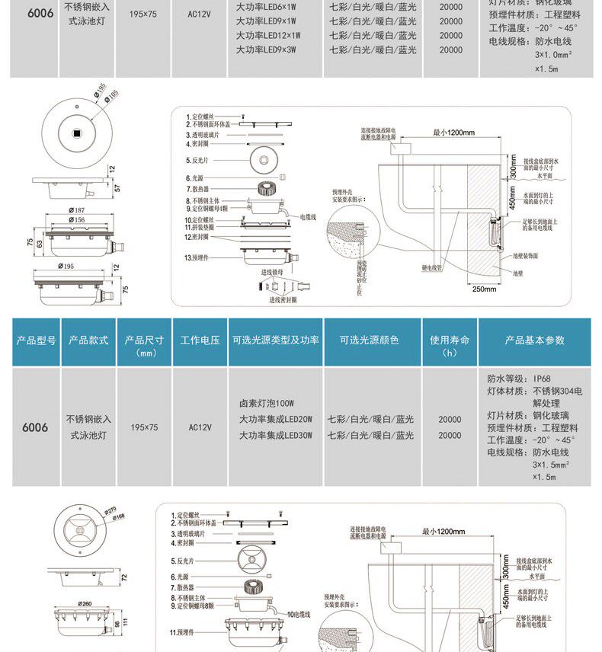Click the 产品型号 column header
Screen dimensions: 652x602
pos(36,340)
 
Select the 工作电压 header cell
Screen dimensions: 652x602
pos(200,340)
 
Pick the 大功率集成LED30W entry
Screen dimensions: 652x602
pos(275,436)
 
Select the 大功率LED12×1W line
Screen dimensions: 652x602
pos(268,35)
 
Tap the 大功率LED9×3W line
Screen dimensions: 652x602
pos(265,50)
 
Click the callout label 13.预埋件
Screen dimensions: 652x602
pos(197,258)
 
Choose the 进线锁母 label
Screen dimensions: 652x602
pos(271,271)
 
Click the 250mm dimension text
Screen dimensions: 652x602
pos(484,289)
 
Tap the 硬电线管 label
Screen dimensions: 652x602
pos(432,268)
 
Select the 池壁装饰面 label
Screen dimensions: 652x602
pos(526,257)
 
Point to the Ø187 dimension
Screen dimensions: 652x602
pos(75,209)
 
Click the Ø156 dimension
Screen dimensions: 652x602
pos(75,219)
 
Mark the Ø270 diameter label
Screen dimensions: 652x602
pos(108,510)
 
